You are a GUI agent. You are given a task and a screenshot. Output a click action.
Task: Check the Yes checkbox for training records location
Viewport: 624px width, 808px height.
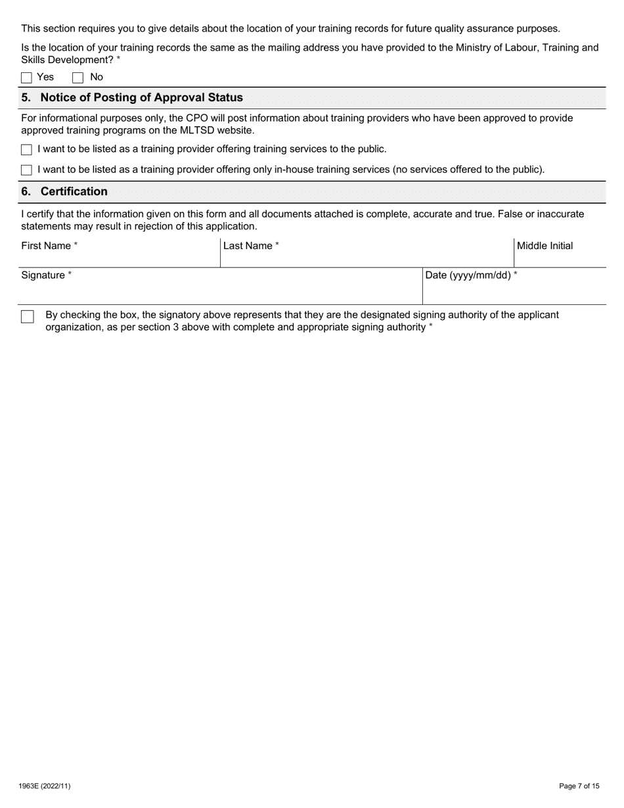[26, 78]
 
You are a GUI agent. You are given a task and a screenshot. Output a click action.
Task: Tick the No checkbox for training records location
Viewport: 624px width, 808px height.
[78, 78]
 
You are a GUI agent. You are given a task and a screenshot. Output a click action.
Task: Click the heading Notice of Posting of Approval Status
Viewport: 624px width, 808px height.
[141, 98]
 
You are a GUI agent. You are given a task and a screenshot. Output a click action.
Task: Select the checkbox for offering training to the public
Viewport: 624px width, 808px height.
[26, 150]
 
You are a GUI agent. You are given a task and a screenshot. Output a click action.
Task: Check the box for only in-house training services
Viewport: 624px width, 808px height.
[26, 170]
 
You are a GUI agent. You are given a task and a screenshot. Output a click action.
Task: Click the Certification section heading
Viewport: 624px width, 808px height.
[74, 192]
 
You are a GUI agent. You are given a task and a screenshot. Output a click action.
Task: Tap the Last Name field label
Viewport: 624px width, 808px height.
[251, 246]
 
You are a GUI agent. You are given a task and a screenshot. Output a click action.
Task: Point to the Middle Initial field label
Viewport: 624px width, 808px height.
[545, 246]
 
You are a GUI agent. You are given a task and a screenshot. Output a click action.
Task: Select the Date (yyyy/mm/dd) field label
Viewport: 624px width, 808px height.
[471, 275]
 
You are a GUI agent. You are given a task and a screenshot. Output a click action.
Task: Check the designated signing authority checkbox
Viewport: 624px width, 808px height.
[27, 317]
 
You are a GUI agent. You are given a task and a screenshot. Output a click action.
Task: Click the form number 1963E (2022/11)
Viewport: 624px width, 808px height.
[45, 786]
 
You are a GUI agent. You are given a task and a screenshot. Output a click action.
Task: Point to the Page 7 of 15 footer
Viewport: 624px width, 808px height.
[579, 786]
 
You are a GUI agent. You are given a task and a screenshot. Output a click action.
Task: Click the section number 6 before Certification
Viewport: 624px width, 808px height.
[26, 192]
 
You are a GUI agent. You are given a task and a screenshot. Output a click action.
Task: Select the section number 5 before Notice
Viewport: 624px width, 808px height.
[26, 98]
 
